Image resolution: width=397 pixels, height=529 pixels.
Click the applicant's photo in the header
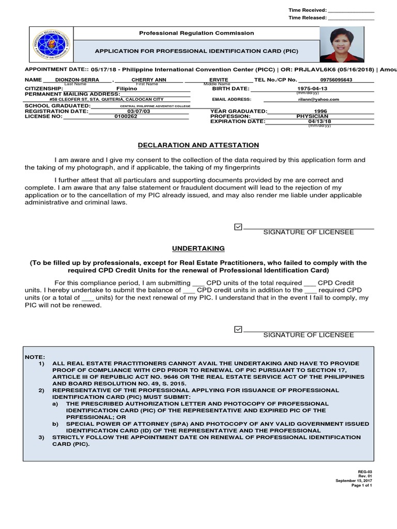pyautogui.click(x=341, y=44)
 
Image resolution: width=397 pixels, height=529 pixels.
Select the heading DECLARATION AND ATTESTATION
pyautogui.click(x=198, y=146)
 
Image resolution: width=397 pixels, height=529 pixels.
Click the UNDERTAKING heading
pyautogui.click(x=198, y=248)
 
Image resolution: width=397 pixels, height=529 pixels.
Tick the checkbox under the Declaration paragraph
pyautogui.click(x=238, y=227)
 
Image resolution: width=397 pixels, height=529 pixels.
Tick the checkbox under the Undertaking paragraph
pyautogui.click(x=238, y=329)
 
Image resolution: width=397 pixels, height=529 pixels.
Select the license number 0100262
pyautogui.click(x=127, y=116)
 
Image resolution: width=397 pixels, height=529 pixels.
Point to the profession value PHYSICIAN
pyautogui.click(x=312, y=116)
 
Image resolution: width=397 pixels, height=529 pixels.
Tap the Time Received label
pyautogui.click(x=307, y=10)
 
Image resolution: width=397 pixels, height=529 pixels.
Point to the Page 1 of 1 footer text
pyautogui.click(x=361, y=486)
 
